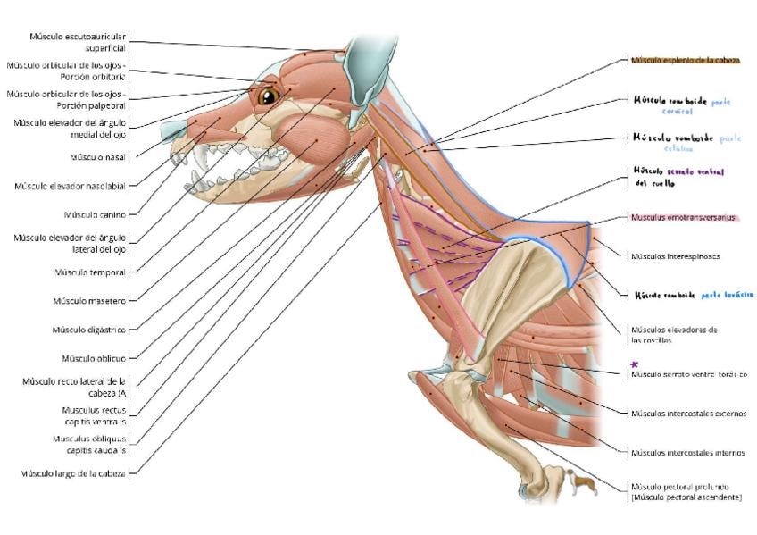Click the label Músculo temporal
90,272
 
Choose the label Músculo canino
95,214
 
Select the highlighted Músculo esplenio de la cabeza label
685,60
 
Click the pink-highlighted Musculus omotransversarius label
685,217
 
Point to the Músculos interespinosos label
676,256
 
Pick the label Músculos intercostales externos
687,414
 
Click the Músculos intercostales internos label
687,453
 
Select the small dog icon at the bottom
583,483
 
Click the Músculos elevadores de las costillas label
674,335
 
